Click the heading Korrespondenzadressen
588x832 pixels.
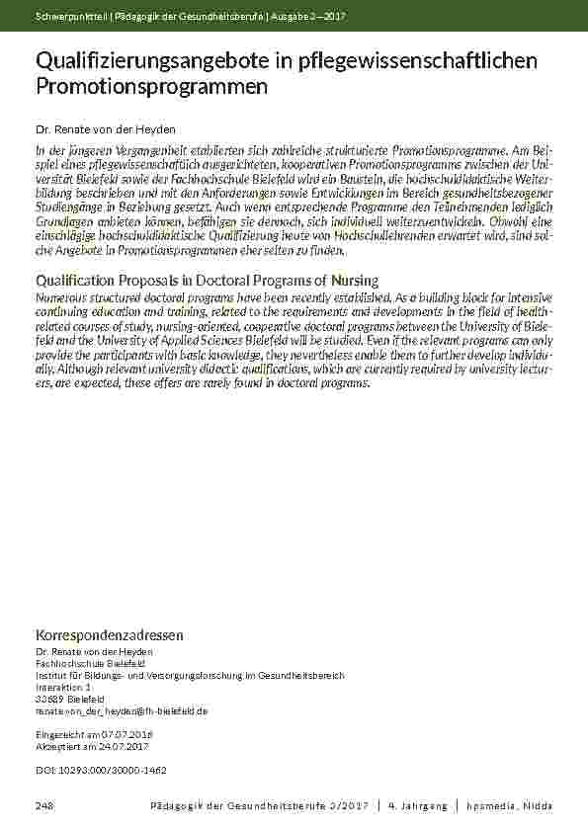(x=109, y=633)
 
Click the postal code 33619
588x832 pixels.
(x=48, y=698)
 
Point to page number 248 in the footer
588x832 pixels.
(x=44, y=806)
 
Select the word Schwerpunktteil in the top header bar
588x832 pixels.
(x=66, y=15)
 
